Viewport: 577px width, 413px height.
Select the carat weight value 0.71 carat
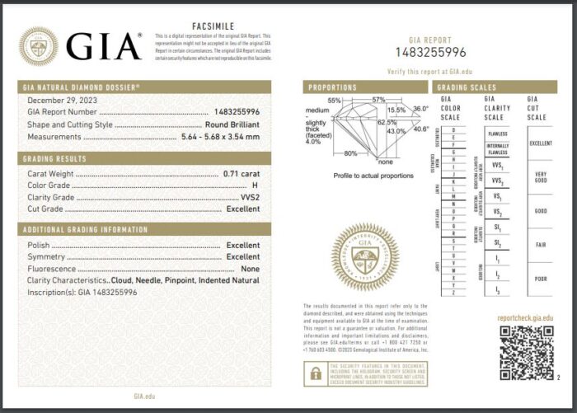point(242,174)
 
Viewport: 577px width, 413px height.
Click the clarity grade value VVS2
point(249,197)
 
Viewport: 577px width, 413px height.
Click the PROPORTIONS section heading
point(333,87)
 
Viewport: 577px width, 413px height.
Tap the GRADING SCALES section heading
point(467,87)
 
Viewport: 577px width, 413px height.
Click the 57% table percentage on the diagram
point(378,100)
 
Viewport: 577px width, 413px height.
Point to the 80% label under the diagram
point(350,153)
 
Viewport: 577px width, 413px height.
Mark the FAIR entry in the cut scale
point(540,244)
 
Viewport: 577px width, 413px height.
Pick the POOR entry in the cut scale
point(540,279)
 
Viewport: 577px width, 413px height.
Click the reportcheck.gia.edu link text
point(525,317)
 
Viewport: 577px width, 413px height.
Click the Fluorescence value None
point(251,269)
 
